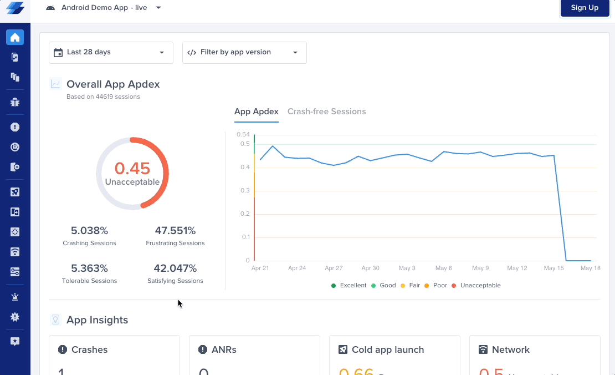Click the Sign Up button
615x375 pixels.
(x=585, y=8)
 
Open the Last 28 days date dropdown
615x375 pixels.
(x=111, y=53)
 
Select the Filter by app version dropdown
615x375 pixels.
(x=244, y=53)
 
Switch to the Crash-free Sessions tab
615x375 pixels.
(x=326, y=112)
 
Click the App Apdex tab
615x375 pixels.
(x=256, y=112)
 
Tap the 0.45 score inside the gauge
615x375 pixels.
(x=132, y=168)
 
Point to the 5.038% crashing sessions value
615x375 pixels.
(x=89, y=231)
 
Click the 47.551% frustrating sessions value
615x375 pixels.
(x=175, y=231)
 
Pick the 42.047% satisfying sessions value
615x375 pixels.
(x=175, y=268)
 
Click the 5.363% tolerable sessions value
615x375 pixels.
(x=89, y=268)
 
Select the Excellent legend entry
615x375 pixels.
(x=352, y=286)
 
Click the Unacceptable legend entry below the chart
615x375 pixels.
(x=480, y=286)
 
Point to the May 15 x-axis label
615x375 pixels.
(x=554, y=268)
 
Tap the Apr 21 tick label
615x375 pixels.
(x=260, y=268)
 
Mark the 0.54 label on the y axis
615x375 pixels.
(x=243, y=134)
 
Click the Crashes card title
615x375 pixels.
(x=89, y=350)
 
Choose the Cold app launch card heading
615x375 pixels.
(x=387, y=350)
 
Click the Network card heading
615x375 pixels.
(x=510, y=350)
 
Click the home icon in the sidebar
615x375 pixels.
(x=15, y=38)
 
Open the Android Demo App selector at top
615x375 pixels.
(x=104, y=8)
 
